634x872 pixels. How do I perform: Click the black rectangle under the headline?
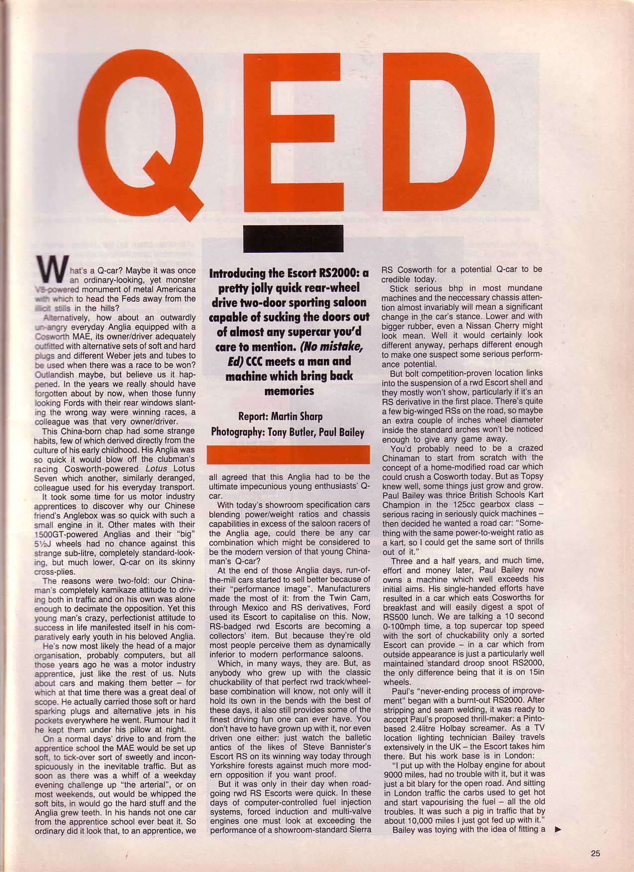293,239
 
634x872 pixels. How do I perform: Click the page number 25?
596,853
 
